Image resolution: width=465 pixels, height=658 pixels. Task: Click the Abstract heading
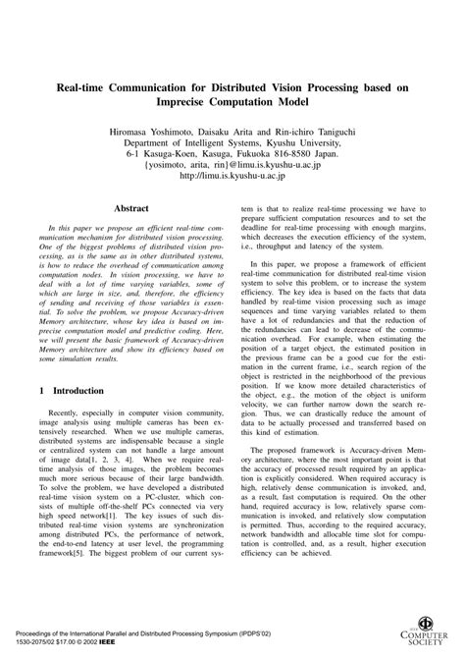(x=131, y=208)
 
